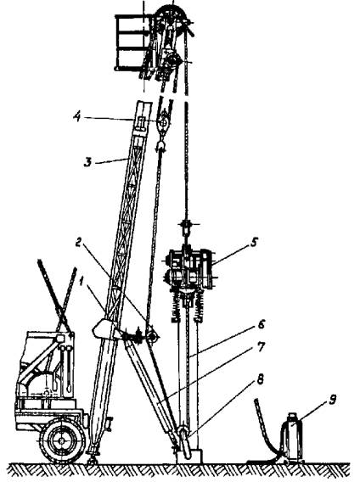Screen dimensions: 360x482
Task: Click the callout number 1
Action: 82,280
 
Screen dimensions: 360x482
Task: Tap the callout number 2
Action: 79,243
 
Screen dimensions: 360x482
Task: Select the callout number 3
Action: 88,162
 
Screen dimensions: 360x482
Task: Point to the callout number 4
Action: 77,117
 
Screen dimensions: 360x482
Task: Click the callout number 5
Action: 253,242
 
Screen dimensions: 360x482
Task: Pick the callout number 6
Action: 262,324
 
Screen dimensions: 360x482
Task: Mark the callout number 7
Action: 261,347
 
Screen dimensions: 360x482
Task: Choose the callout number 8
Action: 261,380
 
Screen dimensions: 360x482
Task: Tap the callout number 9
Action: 332,401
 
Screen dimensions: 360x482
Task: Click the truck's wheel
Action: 63,440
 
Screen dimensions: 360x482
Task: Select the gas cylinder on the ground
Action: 292,437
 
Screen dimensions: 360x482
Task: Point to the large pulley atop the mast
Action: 172,19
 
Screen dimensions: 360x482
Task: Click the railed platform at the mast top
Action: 133,43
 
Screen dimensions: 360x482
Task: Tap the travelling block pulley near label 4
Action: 163,123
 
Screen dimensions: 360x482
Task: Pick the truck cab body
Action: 46,369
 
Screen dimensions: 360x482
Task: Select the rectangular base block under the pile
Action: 189,456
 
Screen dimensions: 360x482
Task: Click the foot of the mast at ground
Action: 93,458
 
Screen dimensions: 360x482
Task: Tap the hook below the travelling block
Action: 161,145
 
